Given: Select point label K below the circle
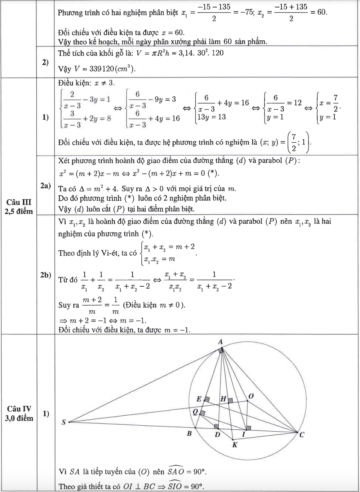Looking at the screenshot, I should pyautogui.click(x=235, y=446).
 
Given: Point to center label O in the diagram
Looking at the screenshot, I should pyautogui.click(x=251, y=396).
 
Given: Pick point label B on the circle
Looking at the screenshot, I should pyautogui.click(x=190, y=433).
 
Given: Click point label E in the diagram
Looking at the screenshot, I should pyautogui.click(x=199, y=399).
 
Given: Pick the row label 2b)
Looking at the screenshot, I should pyautogui.click(x=45, y=278).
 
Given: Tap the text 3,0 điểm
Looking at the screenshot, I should pyautogui.click(x=19, y=418).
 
